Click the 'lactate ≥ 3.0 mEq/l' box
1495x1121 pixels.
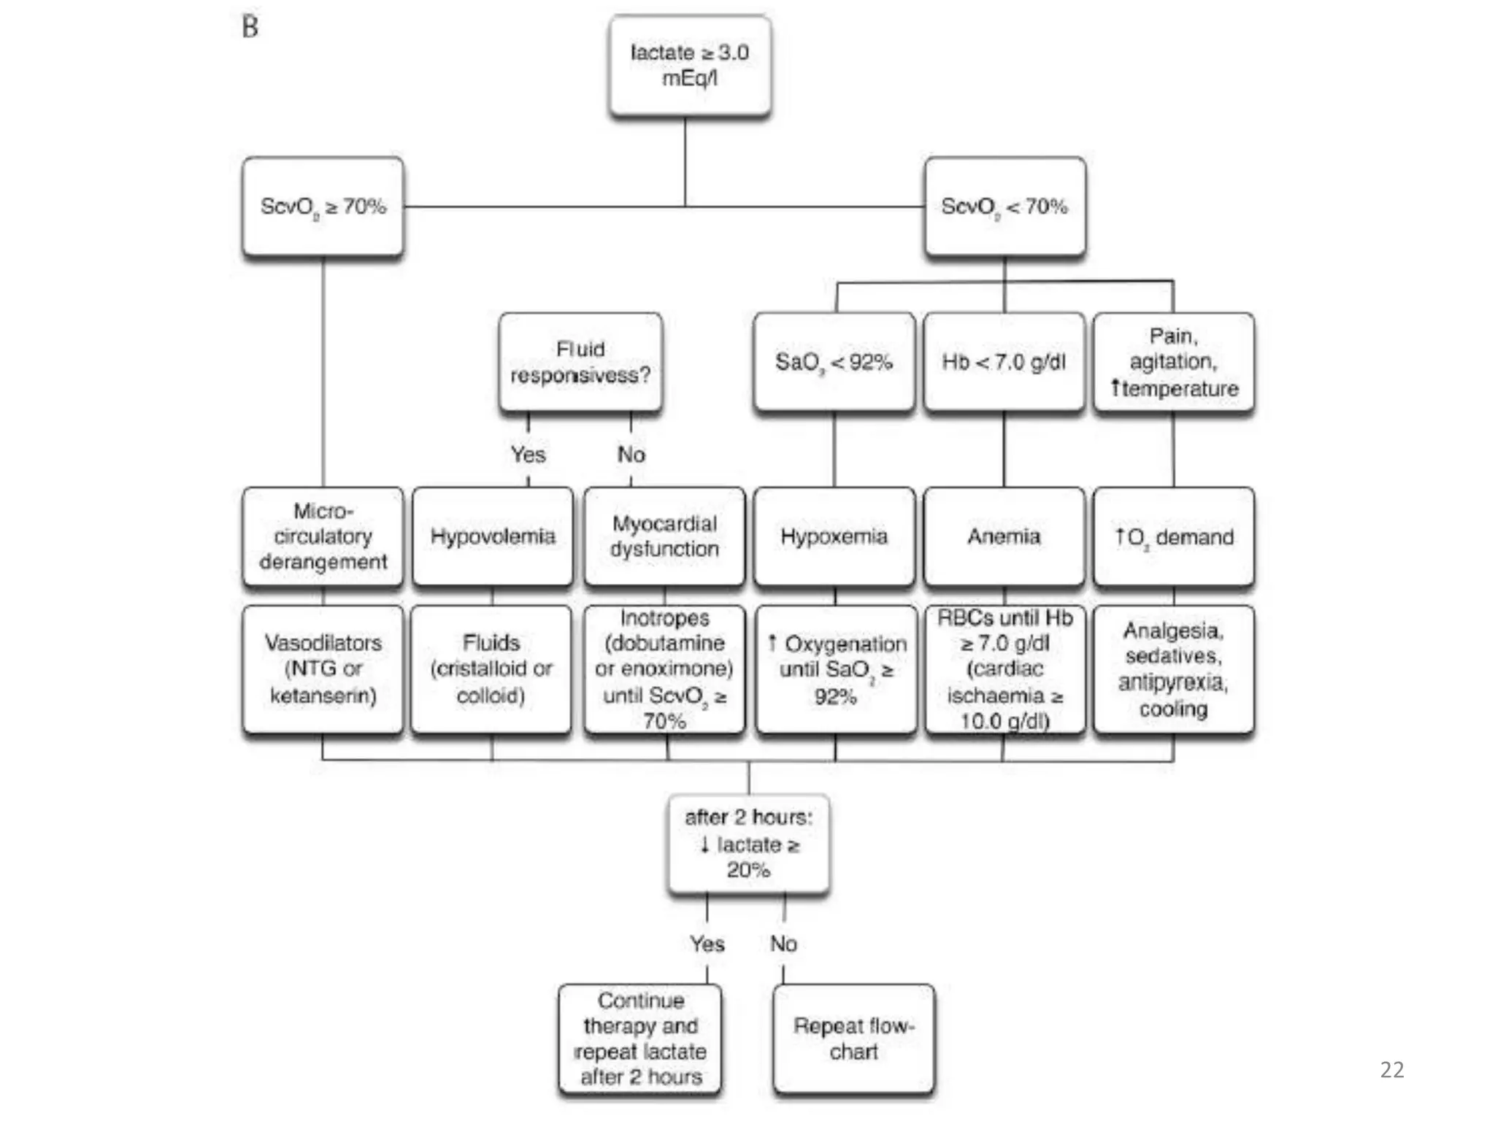(x=689, y=66)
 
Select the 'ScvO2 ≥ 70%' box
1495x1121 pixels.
(x=323, y=207)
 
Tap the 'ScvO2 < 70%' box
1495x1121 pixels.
(x=1004, y=207)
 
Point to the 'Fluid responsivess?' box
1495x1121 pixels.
(x=580, y=362)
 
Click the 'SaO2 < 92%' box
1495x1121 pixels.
(x=834, y=362)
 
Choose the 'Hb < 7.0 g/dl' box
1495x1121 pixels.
(x=1004, y=362)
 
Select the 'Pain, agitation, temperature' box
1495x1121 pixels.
(x=1173, y=362)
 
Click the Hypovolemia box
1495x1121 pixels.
(x=493, y=536)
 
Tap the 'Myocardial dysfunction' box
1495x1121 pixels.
(x=664, y=536)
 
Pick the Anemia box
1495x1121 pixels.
(x=1004, y=536)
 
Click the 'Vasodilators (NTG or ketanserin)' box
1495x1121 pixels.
(x=323, y=669)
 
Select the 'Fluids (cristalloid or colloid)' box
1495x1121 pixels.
(x=491, y=669)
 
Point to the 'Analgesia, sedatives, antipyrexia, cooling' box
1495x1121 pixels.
(x=1173, y=669)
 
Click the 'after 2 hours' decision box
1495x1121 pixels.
(x=748, y=843)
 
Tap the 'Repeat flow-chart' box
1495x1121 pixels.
(x=853, y=1039)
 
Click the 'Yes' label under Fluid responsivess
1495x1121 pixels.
(x=528, y=455)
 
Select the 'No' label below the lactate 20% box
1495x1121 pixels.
(x=783, y=944)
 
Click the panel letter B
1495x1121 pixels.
(x=250, y=27)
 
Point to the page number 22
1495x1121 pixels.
(x=1391, y=1070)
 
